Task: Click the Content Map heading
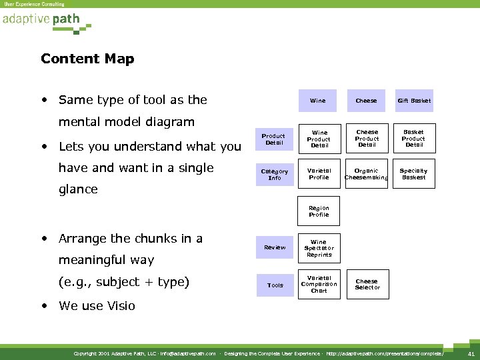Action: pos(87,59)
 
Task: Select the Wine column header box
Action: pos(318,101)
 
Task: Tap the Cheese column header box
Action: pos(366,101)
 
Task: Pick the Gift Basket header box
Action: pos(414,101)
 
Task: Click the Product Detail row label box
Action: pos(275,139)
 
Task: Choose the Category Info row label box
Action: pos(275,174)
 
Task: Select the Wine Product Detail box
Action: pos(319,139)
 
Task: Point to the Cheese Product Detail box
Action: pos(367,139)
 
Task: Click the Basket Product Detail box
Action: pos(414,139)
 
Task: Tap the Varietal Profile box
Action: pos(319,174)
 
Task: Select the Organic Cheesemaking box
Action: pos(367,174)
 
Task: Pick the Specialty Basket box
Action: pos(414,174)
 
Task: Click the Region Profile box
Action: pos(319,211)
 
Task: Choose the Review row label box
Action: pos(275,247)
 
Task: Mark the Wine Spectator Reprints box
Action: pos(319,248)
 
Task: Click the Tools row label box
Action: pos(275,285)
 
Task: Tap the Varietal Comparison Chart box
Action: pos(319,285)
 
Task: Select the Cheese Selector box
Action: pos(367,285)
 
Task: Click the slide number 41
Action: pos(471,353)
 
